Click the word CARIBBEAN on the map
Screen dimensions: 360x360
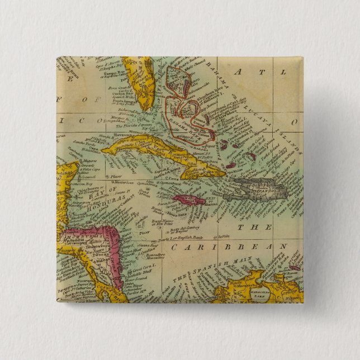click(229, 246)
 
